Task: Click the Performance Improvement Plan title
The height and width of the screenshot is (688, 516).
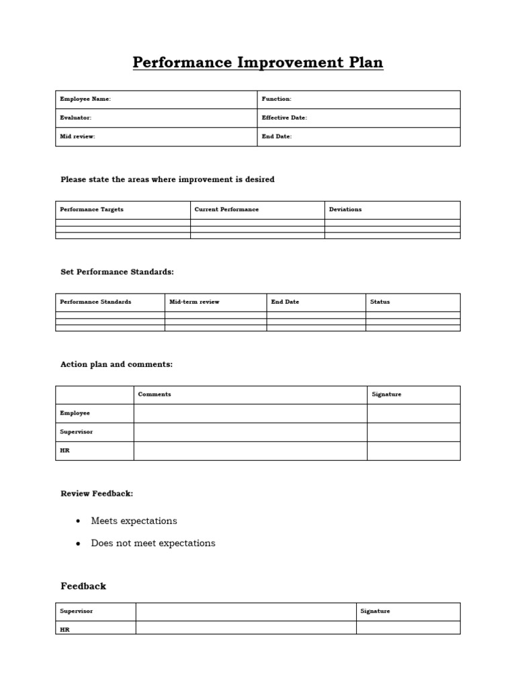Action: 258,63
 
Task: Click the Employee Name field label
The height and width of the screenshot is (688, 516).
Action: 85,99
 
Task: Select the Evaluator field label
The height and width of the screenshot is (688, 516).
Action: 76,118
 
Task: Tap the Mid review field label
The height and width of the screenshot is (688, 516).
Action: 78,136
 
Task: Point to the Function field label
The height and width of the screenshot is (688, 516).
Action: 276,99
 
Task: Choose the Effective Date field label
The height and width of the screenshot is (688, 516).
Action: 284,118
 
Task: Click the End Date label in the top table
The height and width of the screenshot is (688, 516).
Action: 277,136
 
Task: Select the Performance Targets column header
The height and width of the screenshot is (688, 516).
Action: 92,210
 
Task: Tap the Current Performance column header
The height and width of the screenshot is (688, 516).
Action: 226,210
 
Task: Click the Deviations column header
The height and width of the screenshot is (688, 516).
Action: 345,210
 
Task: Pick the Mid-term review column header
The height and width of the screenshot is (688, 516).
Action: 194,302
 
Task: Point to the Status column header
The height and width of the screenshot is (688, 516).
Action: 380,302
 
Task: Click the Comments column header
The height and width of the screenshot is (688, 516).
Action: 155,394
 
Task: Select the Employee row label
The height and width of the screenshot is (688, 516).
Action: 75,413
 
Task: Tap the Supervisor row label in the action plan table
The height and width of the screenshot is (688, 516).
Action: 77,432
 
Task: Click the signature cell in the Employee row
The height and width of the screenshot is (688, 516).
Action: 413,413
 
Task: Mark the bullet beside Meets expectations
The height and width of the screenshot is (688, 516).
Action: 79,521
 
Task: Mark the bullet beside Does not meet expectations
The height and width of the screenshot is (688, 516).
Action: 79,544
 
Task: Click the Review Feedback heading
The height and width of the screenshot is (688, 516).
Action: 97,494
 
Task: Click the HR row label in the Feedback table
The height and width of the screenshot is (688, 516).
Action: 64,630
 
